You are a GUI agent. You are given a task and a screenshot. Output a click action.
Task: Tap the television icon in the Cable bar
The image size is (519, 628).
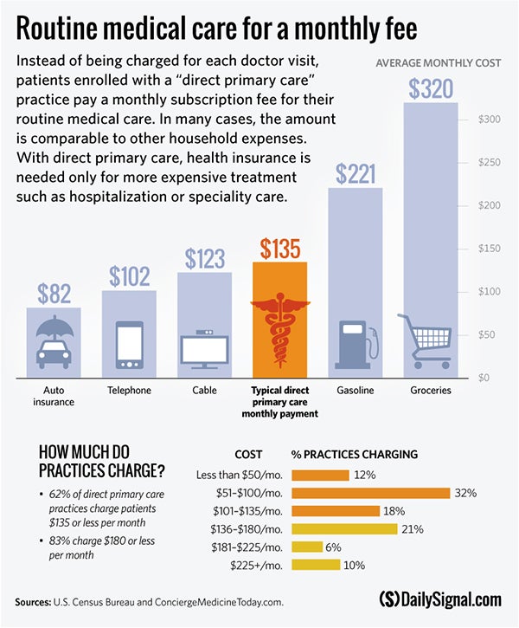click(x=204, y=347)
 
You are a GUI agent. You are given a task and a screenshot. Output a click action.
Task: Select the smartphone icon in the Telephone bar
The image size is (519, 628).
click(x=129, y=343)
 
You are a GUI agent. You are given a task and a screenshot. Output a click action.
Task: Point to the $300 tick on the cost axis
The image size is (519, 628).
click(x=490, y=120)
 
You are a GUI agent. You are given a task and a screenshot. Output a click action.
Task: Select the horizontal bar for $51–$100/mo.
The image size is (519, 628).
click(x=371, y=493)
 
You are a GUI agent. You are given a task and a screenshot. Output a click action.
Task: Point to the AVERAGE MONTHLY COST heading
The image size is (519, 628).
click(x=437, y=63)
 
